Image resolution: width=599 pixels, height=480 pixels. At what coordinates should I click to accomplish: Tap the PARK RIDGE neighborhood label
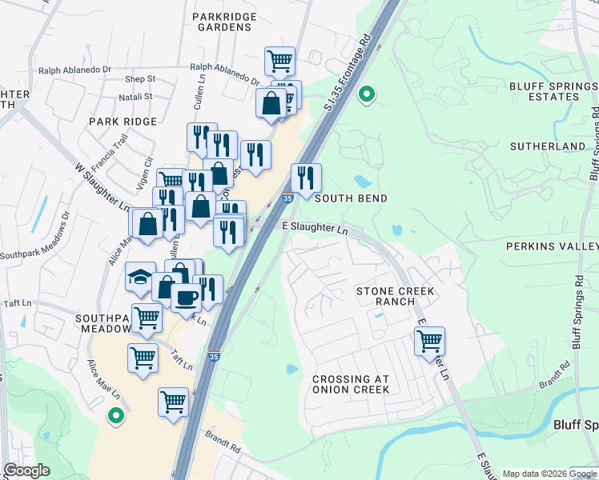click(123, 121)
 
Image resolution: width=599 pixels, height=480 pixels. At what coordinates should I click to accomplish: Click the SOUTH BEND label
click(351, 198)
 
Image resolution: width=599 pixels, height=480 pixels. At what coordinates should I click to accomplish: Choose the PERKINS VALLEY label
click(552, 247)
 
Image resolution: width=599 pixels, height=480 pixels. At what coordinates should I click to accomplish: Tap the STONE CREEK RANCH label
click(396, 296)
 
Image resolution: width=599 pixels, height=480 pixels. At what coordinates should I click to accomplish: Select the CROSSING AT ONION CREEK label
click(351, 384)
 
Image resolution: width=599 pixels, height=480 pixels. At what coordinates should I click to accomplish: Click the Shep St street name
click(140, 79)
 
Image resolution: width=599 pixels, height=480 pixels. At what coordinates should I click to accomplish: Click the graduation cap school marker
click(140, 277)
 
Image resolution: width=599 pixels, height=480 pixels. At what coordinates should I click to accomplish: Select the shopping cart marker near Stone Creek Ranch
click(429, 341)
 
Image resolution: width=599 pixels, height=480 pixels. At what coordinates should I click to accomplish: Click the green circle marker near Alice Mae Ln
click(116, 416)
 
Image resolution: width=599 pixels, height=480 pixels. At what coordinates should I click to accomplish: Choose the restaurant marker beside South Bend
click(305, 178)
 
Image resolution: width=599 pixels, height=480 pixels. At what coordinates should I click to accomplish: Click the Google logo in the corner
click(27, 470)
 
